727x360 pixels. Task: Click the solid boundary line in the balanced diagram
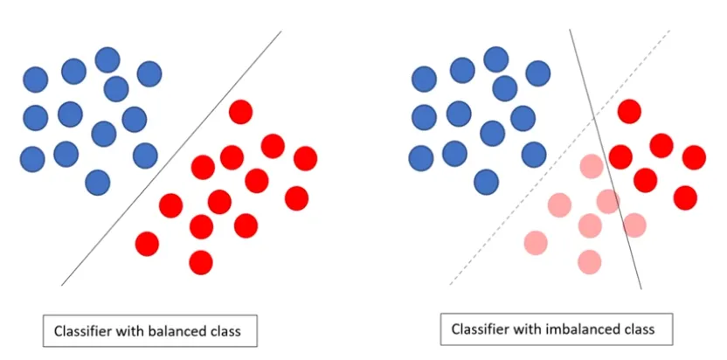171,158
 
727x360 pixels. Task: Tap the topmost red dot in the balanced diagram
240,112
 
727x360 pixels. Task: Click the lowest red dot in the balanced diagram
201,261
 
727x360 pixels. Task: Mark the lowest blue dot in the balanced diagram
98,182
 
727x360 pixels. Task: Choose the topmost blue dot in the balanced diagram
107,59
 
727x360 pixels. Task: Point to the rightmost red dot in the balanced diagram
305,158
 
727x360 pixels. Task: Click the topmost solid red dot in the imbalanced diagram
628,111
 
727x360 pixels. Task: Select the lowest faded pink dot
590,261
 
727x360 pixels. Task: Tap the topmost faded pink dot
592,164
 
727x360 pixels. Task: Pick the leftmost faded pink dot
536,243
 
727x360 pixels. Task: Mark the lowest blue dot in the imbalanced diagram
486,182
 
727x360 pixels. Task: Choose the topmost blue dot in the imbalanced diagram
496,59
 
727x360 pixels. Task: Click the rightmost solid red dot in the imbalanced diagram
694,157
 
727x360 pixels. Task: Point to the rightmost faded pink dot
634,225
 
